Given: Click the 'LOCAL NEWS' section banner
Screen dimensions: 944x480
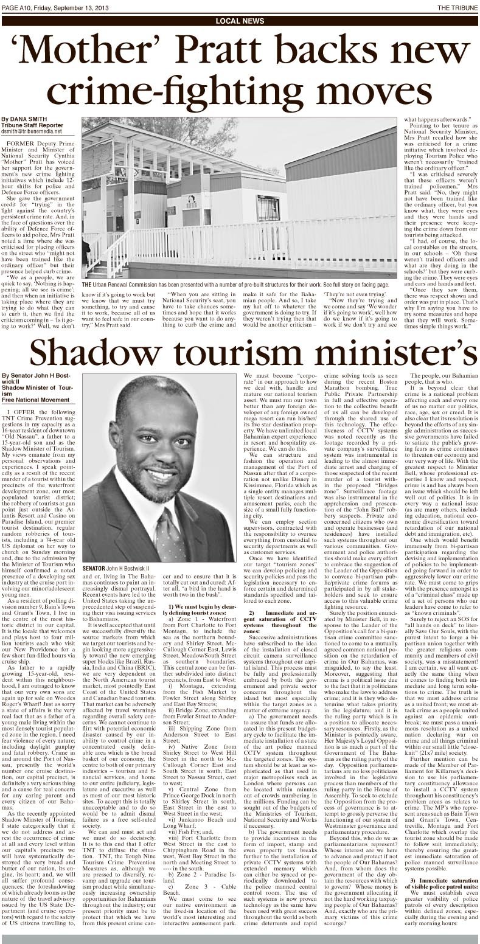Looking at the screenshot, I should point(240,21).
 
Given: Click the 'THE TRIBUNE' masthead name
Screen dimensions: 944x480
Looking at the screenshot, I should point(456,7).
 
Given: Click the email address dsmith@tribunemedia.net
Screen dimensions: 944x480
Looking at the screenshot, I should point(32,131).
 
